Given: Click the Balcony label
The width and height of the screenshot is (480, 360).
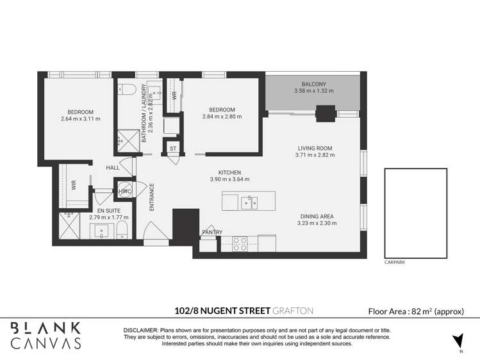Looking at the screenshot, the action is [x=314, y=84].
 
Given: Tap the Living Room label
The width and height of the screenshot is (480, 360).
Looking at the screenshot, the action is [x=315, y=149].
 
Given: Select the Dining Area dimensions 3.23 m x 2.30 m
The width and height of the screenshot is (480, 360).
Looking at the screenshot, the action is [x=317, y=224].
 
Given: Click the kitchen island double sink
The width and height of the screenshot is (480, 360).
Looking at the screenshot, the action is [x=249, y=203].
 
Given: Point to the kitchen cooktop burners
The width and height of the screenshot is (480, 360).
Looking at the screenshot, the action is [x=240, y=244].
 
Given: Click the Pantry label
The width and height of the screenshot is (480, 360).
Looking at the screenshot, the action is [x=212, y=233].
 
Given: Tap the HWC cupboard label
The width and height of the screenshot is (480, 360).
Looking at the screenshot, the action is [x=125, y=192].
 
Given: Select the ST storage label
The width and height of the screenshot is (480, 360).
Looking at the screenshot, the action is [x=173, y=149].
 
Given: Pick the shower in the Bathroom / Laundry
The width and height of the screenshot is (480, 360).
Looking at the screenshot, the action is [x=129, y=141].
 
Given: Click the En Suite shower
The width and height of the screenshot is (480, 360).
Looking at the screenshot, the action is [x=69, y=226].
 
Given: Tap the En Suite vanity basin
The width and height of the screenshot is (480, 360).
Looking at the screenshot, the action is [x=102, y=231].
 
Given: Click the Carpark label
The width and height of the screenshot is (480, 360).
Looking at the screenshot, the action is [x=395, y=263].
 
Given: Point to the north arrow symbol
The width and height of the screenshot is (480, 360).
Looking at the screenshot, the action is [x=459, y=340].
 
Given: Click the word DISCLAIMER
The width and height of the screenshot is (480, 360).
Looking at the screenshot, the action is [x=140, y=331].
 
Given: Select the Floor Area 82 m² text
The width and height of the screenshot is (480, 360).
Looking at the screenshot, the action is [x=416, y=312].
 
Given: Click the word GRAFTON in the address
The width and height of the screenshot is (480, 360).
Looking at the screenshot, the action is [x=293, y=311].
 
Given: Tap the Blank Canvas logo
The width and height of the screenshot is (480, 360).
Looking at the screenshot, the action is [x=46, y=336].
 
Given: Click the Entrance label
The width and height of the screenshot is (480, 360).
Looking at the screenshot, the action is [x=151, y=197].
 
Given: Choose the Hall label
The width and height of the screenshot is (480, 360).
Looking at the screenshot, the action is [x=113, y=168].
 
